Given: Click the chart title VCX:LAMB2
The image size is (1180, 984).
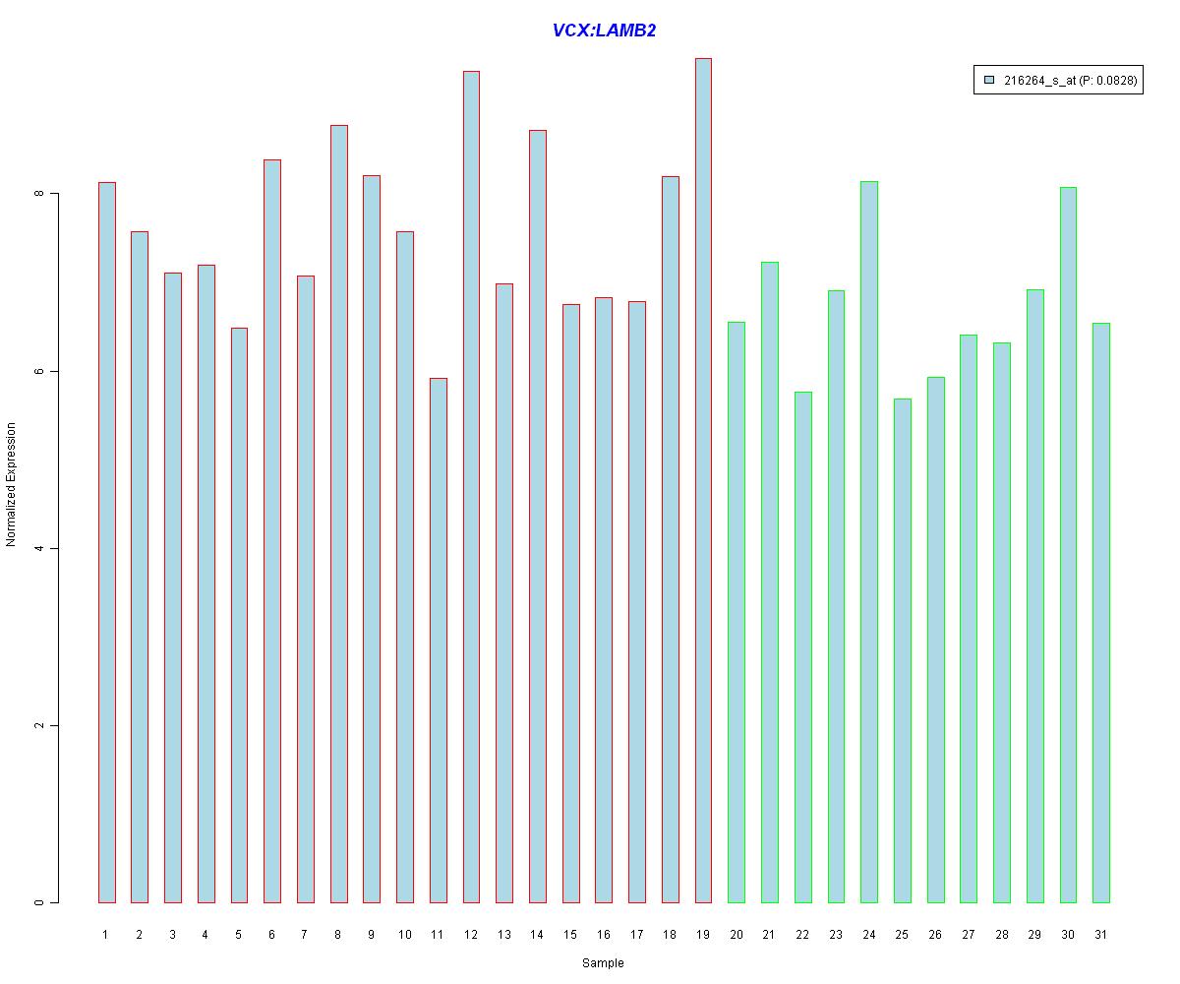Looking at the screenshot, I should [x=604, y=31].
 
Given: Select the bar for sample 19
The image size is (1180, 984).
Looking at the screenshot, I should [x=703, y=482].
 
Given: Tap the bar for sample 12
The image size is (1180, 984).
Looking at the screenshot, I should [x=471, y=487].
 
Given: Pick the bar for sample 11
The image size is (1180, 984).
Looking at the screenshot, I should [x=438, y=640].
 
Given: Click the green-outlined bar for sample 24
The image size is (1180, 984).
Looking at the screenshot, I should [x=869, y=541].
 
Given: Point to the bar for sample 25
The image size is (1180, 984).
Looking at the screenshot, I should [x=902, y=649].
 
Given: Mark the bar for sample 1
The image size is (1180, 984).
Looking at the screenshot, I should [x=106, y=541].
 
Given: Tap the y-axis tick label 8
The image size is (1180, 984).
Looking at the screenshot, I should [x=40, y=194].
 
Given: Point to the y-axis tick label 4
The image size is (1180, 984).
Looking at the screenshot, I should [x=40, y=548].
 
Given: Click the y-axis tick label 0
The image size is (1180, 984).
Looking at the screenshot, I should [x=40, y=902].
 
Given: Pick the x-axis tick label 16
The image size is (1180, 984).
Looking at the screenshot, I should [x=603, y=934].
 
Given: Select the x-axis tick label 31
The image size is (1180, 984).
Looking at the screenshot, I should [x=1100, y=934].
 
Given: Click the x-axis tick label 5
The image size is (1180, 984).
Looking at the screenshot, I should [x=239, y=934].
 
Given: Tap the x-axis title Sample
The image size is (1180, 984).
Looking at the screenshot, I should [x=603, y=963].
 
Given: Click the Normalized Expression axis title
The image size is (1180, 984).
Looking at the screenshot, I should [x=12, y=484].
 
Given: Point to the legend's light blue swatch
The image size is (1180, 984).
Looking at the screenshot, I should [x=990, y=81].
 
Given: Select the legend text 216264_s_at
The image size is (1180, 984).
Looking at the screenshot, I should [x=1038, y=82].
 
